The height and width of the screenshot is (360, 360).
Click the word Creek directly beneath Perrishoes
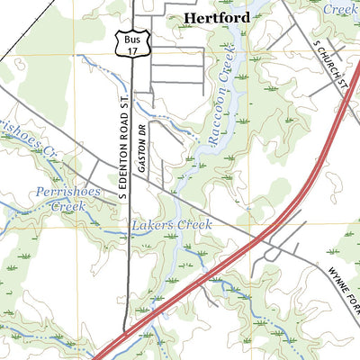coord(67,206)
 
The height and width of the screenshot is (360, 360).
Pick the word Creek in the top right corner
coord(340,8)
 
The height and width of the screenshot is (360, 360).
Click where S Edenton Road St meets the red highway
coord(126,335)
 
